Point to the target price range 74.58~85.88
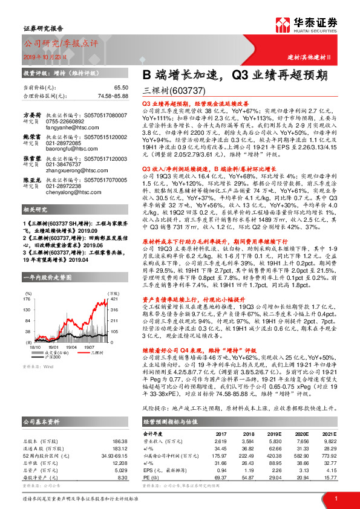[x=113, y=96]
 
